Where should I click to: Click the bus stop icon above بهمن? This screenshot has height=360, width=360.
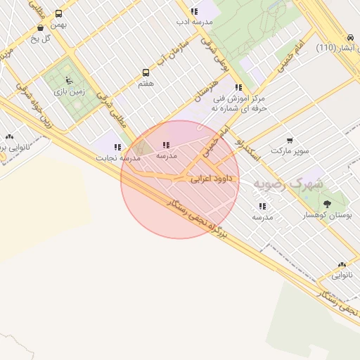58,13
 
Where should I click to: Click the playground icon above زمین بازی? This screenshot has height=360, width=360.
67,80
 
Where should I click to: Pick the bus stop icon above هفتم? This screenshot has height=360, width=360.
146,72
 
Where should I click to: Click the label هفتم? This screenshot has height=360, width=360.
146,83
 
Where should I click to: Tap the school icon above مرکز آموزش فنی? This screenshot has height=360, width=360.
238,88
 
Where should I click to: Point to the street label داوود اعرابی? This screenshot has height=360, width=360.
211,180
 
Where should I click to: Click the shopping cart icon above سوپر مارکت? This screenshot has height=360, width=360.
290,140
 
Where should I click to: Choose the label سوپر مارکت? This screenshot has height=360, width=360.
290,150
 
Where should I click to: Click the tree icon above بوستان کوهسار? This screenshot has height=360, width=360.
327,204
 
